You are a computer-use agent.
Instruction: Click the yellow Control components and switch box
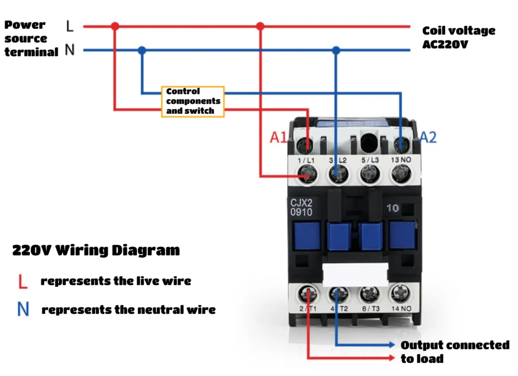[193, 101]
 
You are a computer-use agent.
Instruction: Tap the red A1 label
[278, 137]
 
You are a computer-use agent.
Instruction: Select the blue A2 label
[428, 137]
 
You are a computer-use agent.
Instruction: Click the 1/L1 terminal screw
[307, 174]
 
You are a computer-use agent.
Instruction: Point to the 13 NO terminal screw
[401, 174]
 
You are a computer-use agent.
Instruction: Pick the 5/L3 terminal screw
[370, 174]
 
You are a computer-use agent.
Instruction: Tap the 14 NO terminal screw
[401, 294]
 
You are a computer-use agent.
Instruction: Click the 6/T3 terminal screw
[370, 294]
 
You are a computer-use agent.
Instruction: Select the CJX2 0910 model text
[301, 207]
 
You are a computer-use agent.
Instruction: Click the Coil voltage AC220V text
[458, 37]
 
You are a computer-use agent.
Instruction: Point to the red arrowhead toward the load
[392, 358]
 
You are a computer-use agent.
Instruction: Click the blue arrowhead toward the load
[392, 345]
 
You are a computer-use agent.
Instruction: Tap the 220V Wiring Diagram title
[96, 250]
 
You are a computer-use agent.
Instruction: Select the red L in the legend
[22, 281]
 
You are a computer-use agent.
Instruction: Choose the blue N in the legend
[23, 309]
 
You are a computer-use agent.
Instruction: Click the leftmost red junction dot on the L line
[115, 26]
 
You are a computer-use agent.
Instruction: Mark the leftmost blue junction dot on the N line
[142, 50]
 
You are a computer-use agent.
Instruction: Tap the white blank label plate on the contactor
[355, 275]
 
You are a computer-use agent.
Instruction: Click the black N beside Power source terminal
[70, 50]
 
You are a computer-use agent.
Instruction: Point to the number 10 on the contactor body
[393, 208]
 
